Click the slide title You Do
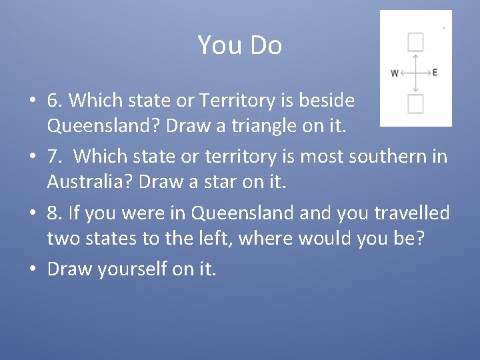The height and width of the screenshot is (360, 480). point(239,45)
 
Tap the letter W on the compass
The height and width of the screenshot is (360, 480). point(395,73)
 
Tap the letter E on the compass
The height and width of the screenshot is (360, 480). point(435,72)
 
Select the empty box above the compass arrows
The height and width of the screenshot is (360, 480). point(415,43)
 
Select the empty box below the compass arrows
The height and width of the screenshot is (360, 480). point(415,104)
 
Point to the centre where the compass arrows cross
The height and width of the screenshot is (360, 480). point(415,73)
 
